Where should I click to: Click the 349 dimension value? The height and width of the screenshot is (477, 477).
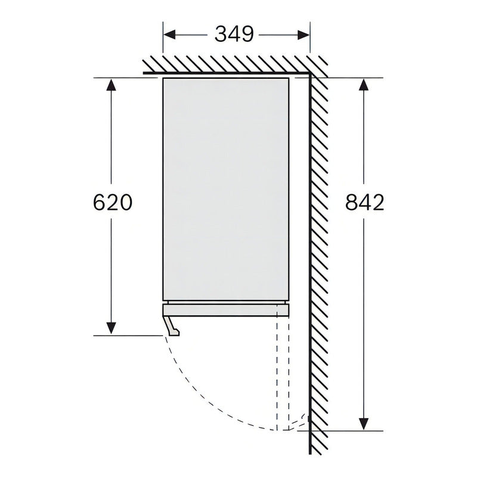[234, 35]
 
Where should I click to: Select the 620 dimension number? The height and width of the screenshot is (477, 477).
[112, 202]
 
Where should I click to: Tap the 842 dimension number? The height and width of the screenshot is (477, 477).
[365, 202]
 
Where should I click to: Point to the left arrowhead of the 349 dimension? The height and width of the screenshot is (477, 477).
[170, 35]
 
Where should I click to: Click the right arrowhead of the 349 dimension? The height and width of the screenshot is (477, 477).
[303, 35]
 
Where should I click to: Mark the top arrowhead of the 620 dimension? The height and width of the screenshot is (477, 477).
[111, 85]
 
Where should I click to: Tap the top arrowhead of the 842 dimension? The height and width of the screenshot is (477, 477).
[364, 85]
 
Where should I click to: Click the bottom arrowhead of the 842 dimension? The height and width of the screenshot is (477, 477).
[364, 424]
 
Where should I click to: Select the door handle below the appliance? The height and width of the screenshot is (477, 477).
[172, 326]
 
